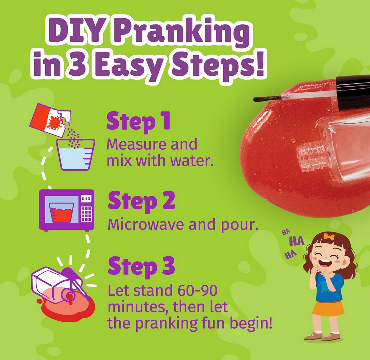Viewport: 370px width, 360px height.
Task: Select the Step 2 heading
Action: click(x=141, y=201)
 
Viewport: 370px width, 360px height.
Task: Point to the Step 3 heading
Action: click(x=141, y=266)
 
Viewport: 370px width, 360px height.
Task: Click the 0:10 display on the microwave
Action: click(x=86, y=199)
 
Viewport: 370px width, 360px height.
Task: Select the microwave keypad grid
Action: click(x=86, y=213)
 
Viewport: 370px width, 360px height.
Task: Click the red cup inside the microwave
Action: click(x=62, y=213)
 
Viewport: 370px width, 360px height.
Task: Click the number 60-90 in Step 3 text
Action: click(x=197, y=291)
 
